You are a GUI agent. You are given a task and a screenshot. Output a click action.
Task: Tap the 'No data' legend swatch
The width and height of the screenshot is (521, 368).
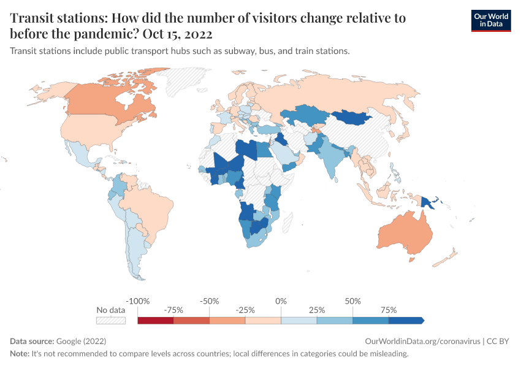[x=110, y=320]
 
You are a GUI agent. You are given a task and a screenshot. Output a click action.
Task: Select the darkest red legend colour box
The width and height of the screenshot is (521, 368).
[x=156, y=320]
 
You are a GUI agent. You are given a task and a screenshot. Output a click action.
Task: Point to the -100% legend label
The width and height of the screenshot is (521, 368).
[x=137, y=301]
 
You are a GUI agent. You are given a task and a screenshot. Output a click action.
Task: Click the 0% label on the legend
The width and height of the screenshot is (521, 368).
[x=281, y=301]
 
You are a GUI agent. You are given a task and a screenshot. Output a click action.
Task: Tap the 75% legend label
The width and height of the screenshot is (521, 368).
[x=388, y=310]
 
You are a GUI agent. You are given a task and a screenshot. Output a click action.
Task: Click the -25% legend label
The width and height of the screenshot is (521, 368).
[x=245, y=310]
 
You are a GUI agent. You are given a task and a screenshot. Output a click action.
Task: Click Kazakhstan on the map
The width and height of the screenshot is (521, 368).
[x=306, y=116]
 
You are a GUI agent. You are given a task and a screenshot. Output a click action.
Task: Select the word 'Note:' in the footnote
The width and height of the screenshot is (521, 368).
[x=20, y=354]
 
